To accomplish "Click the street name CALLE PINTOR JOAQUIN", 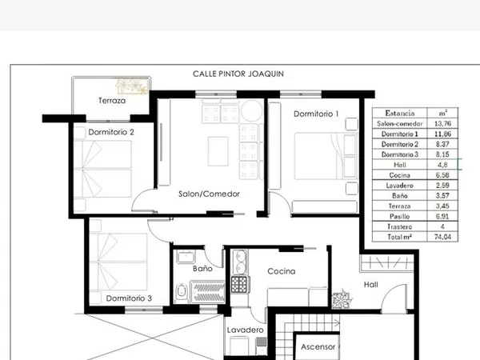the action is point(238,74).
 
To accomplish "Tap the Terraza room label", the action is point(112,101).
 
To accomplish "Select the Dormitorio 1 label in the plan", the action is point(316,114).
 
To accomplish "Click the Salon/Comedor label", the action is point(209,194).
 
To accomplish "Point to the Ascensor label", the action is point(318,347).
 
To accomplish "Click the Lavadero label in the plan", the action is point(246,330).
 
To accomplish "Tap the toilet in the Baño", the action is point(182,293).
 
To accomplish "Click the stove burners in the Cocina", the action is point(239,284).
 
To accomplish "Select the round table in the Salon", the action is point(252,111).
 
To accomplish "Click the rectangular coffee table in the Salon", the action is point(218,151).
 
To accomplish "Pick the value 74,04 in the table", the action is point(442,237).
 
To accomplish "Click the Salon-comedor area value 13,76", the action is point(442,123).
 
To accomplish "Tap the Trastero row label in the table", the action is point(399,227).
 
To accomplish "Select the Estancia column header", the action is point(400,114).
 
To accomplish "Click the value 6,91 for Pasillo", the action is point(442,217).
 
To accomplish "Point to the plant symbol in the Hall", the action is point(341,299).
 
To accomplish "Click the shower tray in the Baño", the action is point(208,292).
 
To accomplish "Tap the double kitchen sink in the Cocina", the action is point(240,262).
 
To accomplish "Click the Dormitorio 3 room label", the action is point(129,298).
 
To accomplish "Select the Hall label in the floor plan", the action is point(371,285).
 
